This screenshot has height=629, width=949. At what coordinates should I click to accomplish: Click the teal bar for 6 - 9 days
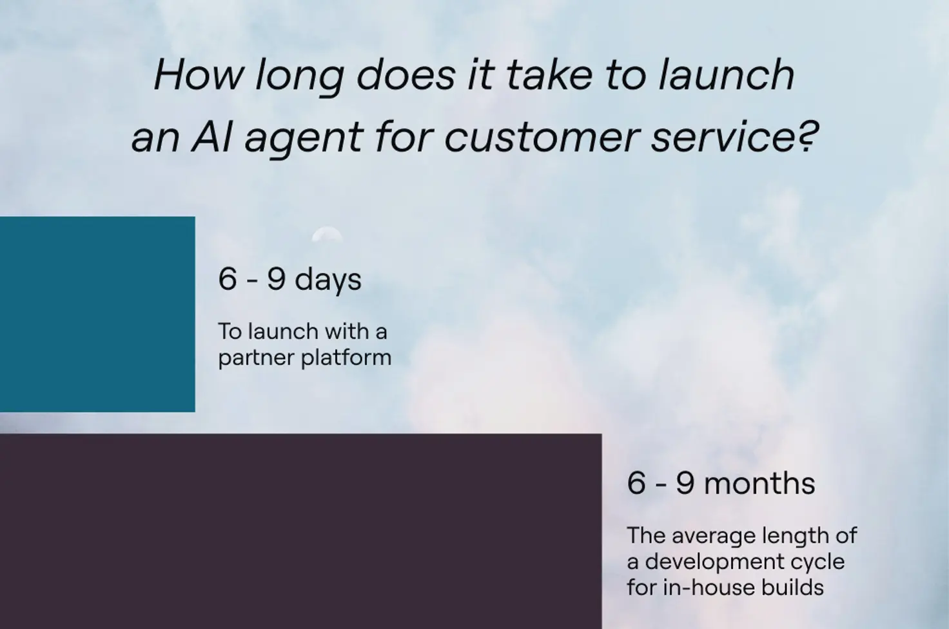pyautogui.click(x=97, y=314)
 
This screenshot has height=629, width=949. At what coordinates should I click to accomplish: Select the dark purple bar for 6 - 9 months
pyautogui.click(x=301, y=531)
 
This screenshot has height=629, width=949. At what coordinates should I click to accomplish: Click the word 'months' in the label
pyautogui.click(x=759, y=483)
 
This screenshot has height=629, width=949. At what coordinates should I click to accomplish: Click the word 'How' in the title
pyautogui.click(x=199, y=75)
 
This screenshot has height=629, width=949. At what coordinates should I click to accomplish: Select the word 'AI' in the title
pyautogui.click(x=212, y=137)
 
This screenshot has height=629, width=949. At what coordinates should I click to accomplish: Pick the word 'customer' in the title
pyautogui.click(x=542, y=137)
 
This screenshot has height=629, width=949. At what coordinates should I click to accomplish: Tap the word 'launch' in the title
pyautogui.click(x=726, y=75)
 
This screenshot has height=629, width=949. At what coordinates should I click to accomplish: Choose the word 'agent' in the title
pyautogui.click(x=304, y=140)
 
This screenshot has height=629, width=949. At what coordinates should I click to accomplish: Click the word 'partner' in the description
pyautogui.click(x=255, y=358)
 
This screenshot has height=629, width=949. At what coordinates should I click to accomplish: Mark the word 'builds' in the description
pyautogui.click(x=793, y=588)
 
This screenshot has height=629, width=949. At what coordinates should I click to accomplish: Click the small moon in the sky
pyautogui.click(x=327, y=234)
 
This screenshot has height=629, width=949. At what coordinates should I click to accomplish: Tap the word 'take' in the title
pyautogui.click(x=549, y=75)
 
